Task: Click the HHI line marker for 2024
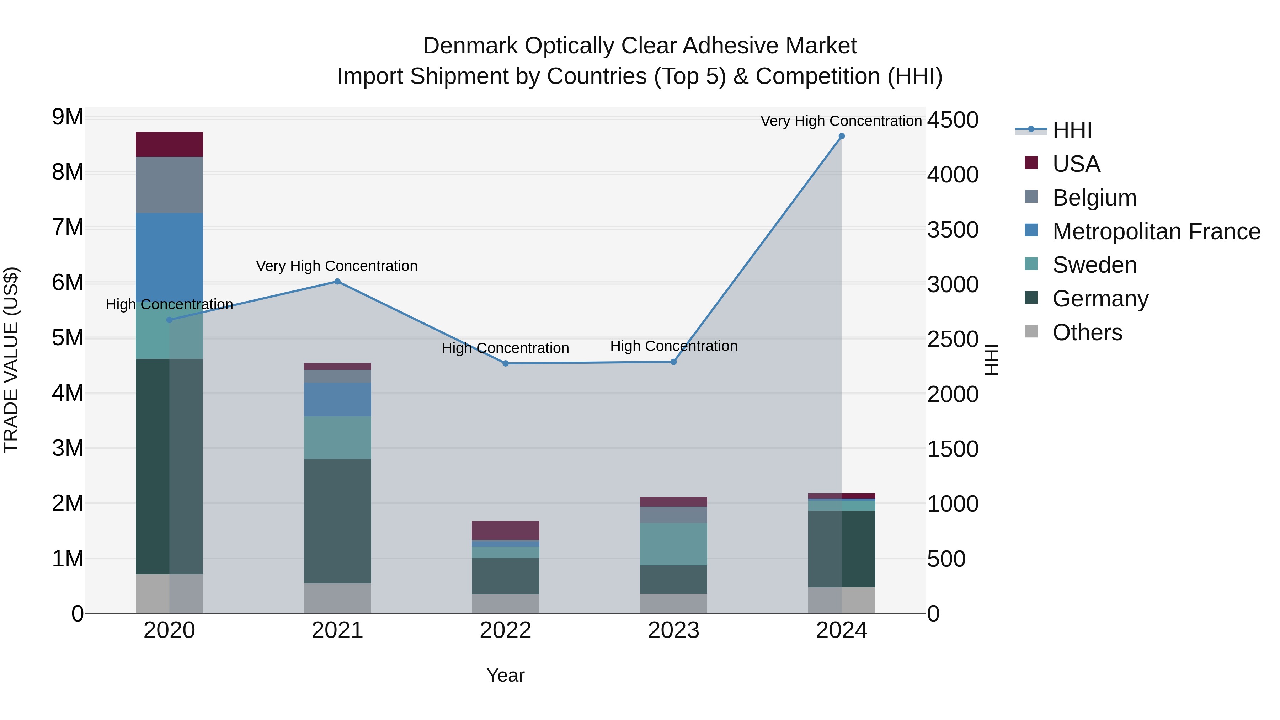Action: pos(841,136)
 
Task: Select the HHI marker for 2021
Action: pos(337,282)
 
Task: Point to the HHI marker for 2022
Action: pos(505,364)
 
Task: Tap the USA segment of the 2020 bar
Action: pos(170,145)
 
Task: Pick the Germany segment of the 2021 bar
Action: pos(337,521)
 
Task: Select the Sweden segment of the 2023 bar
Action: pos(673,544)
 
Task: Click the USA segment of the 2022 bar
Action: pos(505,530)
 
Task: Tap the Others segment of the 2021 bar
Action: pos(337,598)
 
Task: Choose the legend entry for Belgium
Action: pos(1094,198)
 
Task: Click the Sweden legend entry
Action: pos(1094,265)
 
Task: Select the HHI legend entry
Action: pos(1072,130)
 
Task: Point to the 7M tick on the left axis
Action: pos(68,228)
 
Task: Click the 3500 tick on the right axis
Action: pos(953,230)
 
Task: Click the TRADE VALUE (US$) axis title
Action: pos(11,360)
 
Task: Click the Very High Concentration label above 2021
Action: pos(337,266)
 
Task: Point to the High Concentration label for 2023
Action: pos(673,346)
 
